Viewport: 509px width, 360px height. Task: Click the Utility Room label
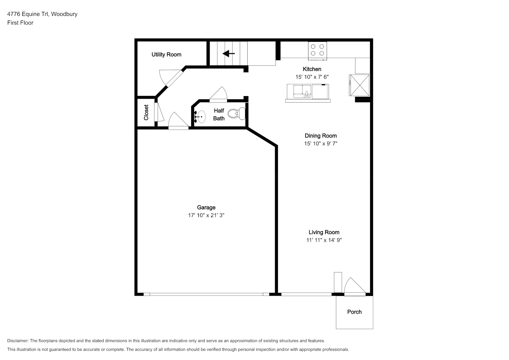pos(166,55)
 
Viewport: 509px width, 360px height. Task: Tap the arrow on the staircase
pos(228,54)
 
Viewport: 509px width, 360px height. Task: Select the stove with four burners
pos(317,51)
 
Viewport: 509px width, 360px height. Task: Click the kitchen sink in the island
pos(302,91)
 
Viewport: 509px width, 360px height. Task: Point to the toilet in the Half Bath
pos(237,113)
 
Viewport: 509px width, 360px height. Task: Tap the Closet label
pos(146,112)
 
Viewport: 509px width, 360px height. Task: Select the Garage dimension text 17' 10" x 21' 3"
pos(206,215)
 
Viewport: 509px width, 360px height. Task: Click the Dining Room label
pos(321,136)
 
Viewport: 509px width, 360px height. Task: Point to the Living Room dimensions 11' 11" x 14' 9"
pos(324,240)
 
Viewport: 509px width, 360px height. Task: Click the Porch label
pos(354,312)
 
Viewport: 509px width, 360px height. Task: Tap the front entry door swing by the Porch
pos(355,287)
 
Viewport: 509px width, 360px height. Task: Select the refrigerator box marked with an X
pos(359,85)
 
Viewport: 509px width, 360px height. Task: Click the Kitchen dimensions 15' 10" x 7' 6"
pos(312,77)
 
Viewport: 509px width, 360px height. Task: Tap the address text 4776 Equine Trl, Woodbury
pos(42,14)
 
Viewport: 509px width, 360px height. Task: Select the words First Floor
pos(20,23)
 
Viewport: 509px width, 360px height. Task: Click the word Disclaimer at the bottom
pos(18,341)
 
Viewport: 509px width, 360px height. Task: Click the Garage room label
pos(206,207)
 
